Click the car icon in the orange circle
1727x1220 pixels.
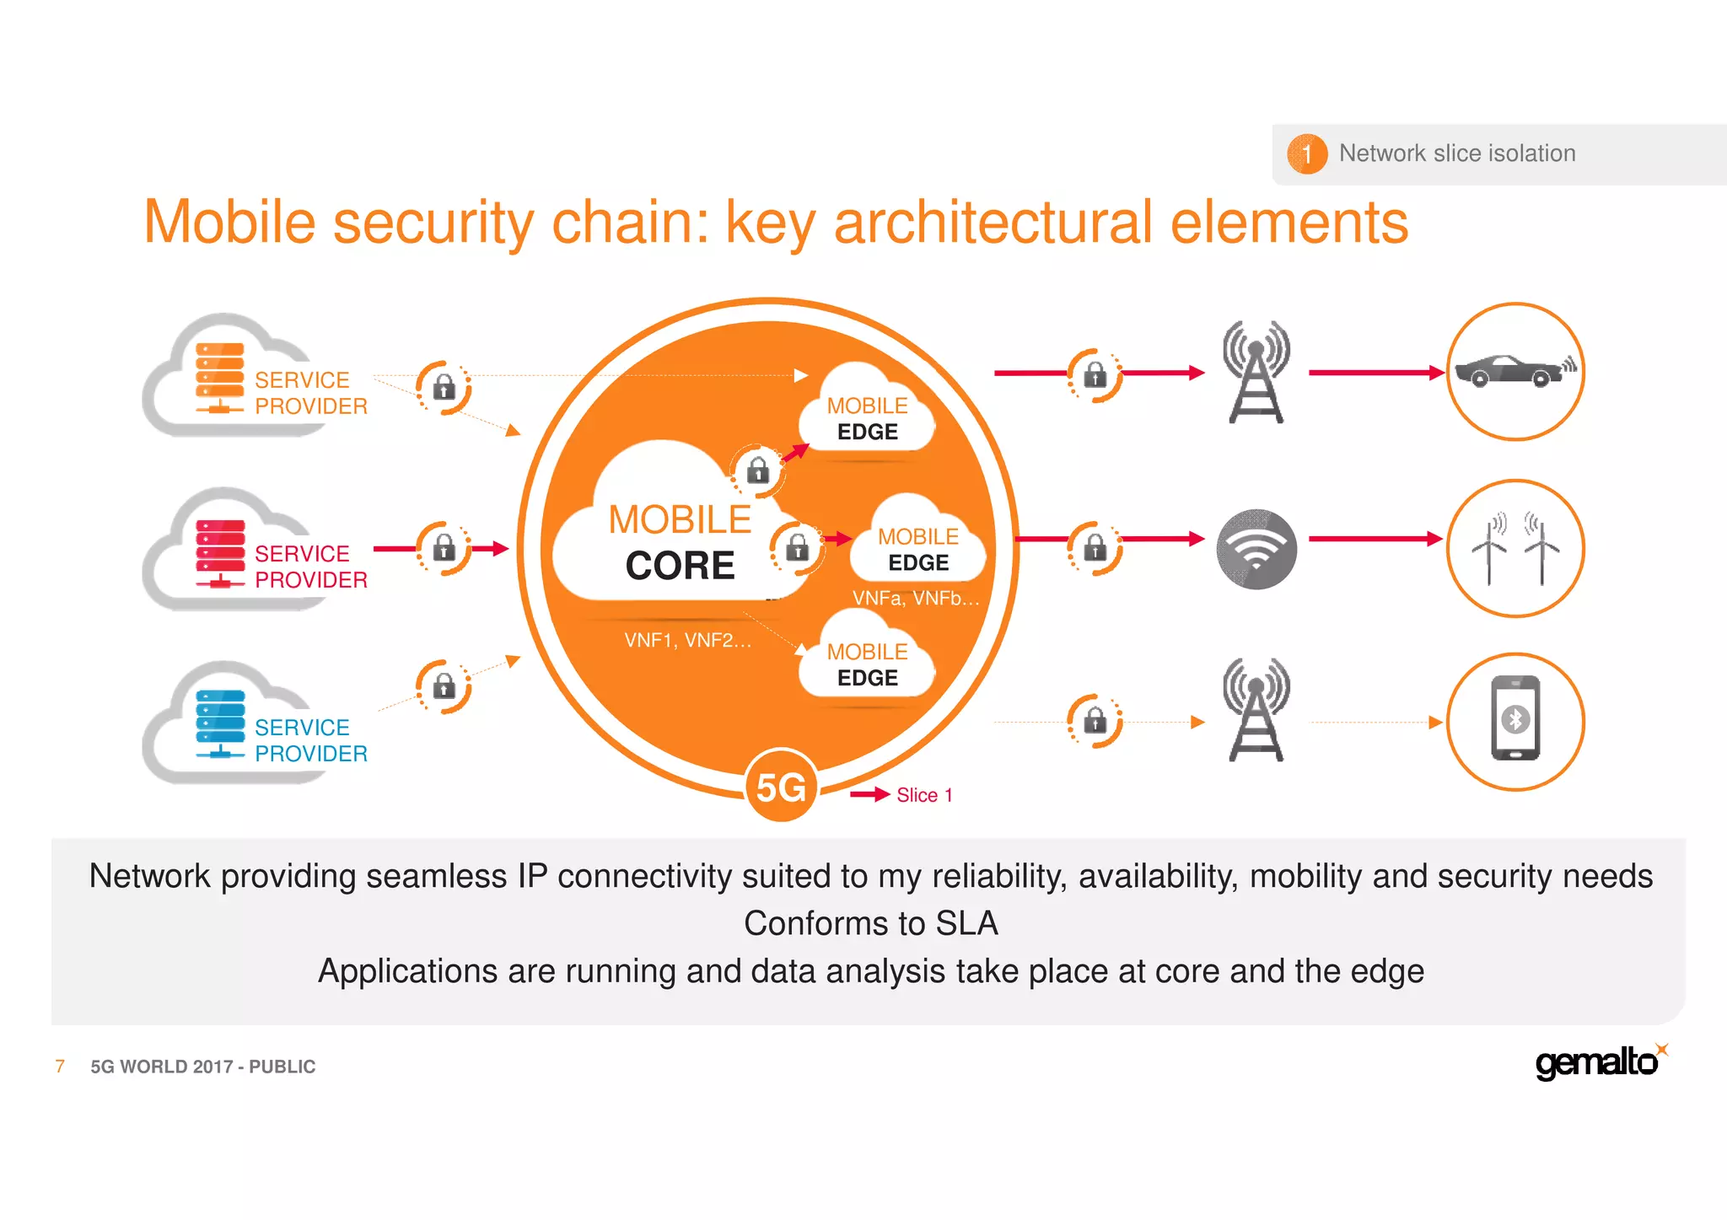[x=1514, y=371]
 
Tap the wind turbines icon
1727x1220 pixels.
[x=1515, y=549]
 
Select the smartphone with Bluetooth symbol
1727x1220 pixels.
[x=1515, y=719]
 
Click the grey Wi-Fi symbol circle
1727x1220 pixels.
[x=1256, y=549]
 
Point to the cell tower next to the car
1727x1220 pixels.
[x=1256, y=372]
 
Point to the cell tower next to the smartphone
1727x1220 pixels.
[x=1256, y=710]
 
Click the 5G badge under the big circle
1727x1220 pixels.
[x=781, y=787]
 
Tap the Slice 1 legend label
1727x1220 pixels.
[x=924, y=795]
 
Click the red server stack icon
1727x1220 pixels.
[x=220, y=552]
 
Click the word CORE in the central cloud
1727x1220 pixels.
[x=680, y=565]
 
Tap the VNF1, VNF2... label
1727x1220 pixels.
[x=687, y=640]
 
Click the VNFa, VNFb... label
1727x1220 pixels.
[x=916, y=598]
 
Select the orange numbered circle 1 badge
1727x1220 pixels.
[x=1306, y=153]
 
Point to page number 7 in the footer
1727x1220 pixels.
[x=60, y=1067]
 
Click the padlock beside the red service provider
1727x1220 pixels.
[x=444, y=549]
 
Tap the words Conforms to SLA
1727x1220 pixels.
[x=870, y=923]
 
